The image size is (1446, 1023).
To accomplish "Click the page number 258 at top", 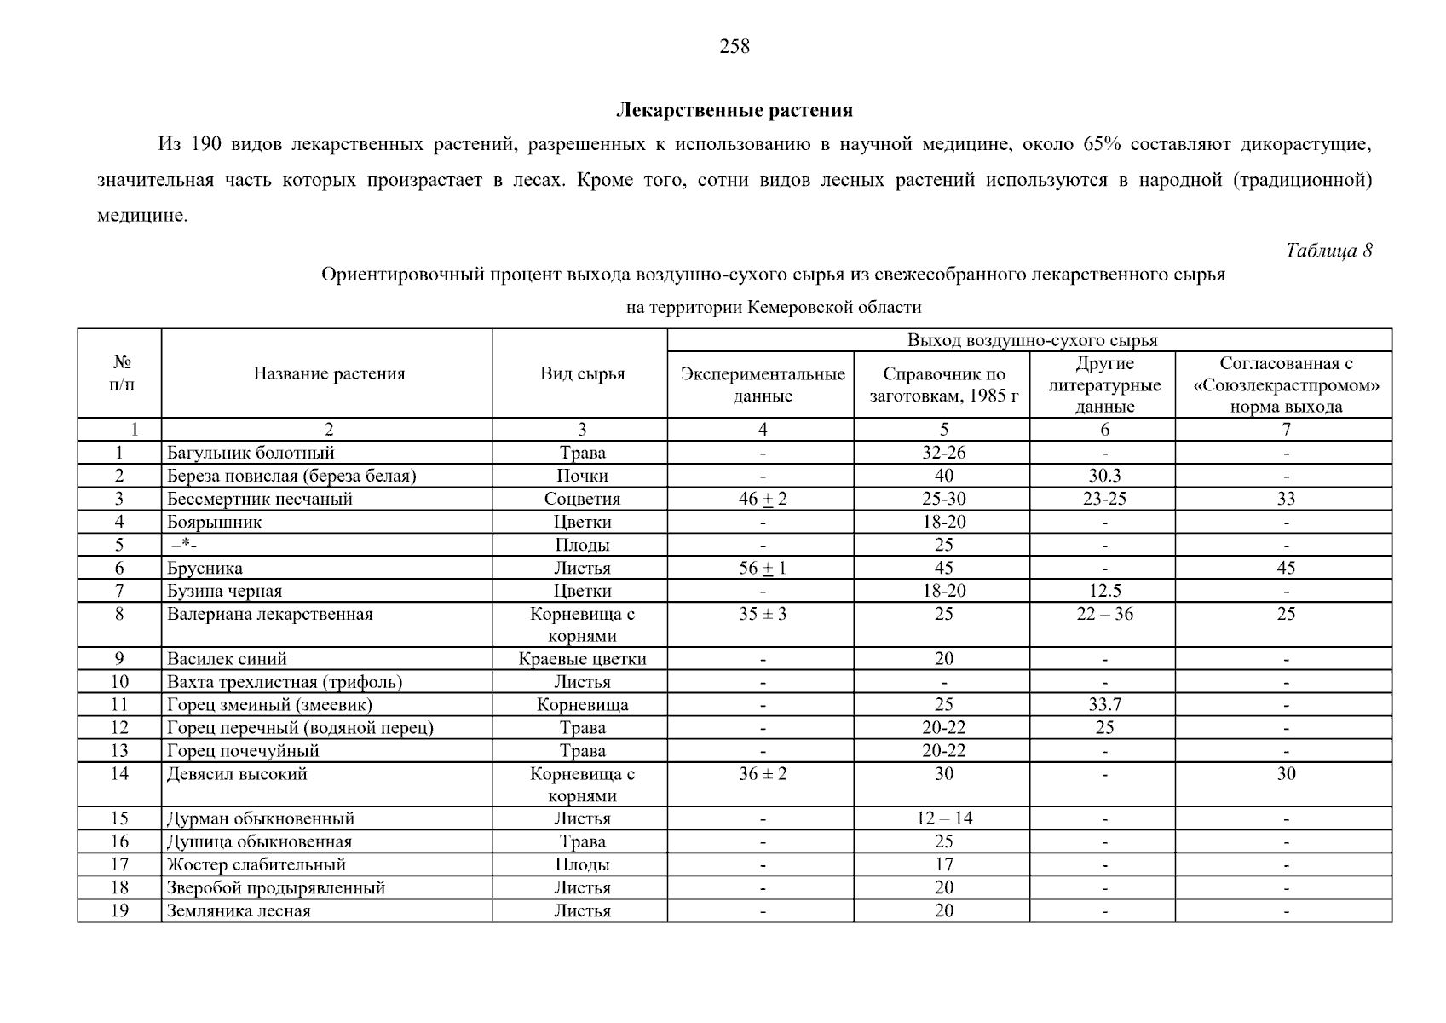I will tap(735, 47).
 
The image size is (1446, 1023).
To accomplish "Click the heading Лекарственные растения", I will tap(735, 111).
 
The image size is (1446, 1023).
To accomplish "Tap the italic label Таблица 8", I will tap(1328, 251).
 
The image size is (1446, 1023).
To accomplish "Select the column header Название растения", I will tap(329, 374).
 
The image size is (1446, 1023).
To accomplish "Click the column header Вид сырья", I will tap(582, 374).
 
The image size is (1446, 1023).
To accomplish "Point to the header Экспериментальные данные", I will tap(763, 385).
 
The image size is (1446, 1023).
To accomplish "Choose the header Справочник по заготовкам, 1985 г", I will tap(943, 385).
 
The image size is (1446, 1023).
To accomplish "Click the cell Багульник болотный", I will tap(251, 454).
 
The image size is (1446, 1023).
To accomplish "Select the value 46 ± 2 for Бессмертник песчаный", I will tap(763, 500).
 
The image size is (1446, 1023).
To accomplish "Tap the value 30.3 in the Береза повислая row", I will tap(1104, 477).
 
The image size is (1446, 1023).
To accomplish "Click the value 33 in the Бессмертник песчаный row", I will tap(1286, 500).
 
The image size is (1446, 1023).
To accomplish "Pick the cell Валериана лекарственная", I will tap(269, 615).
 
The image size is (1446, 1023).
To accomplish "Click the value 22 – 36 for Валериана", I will tap(1104, 615).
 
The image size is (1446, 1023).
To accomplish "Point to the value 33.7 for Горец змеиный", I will tap(1104, 705).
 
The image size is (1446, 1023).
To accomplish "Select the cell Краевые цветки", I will tap(582, 659).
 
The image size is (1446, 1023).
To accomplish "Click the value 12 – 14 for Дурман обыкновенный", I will tap(944, 819).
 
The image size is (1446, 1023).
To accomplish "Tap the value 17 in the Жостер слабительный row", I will tap(943, 865).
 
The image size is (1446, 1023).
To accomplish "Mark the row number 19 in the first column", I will tap(119, 911).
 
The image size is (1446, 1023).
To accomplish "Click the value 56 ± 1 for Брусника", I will tap(763, 569).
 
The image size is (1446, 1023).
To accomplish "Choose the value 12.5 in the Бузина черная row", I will tap(1104, 592).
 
